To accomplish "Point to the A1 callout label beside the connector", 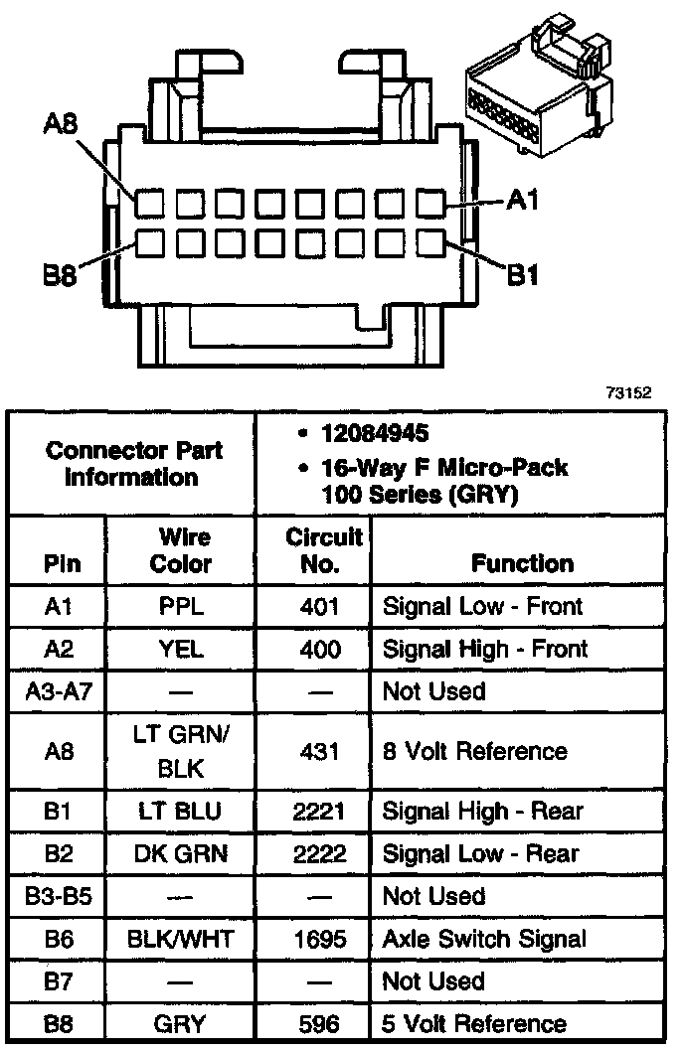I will [522, 201].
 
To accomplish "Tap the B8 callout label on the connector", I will [61, 275].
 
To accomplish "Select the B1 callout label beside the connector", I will [523, 275].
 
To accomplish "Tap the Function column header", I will [522, 563].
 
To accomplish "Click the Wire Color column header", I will [184, 550].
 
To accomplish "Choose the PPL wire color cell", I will [182, 606].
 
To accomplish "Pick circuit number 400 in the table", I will [319, 649].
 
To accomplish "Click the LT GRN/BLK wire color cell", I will [182, 751].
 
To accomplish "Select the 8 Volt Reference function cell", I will [474, 751].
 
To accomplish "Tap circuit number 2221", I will [319, 812].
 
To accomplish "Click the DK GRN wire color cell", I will [182, 853].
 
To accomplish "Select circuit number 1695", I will [319, 939].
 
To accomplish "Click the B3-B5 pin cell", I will [57, 896].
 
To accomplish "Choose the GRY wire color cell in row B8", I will [182, 1024].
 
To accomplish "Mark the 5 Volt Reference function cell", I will [474, 1024].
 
